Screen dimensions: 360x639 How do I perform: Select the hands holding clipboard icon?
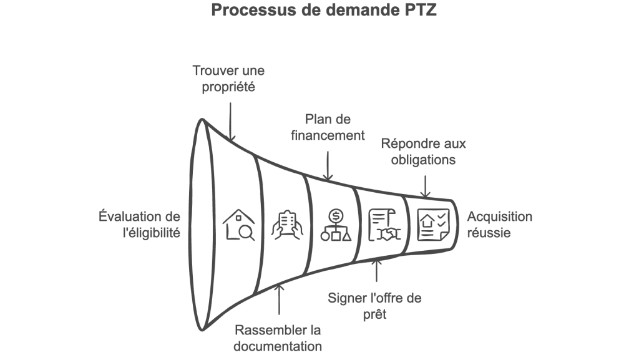tap(287, 225)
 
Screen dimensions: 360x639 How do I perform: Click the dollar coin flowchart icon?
tap(336, 225)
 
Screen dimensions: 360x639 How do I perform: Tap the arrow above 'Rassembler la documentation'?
tap(280, 299)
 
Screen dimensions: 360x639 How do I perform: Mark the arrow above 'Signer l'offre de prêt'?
tap(376, 273)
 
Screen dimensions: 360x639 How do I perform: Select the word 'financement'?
tap(327, 135)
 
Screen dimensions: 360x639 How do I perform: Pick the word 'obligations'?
tap(424, 160)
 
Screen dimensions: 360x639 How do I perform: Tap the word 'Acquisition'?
tap(500, 217)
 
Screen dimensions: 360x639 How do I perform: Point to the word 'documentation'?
tap(278, 346)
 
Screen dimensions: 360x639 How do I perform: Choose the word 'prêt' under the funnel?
tap(374, 314)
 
